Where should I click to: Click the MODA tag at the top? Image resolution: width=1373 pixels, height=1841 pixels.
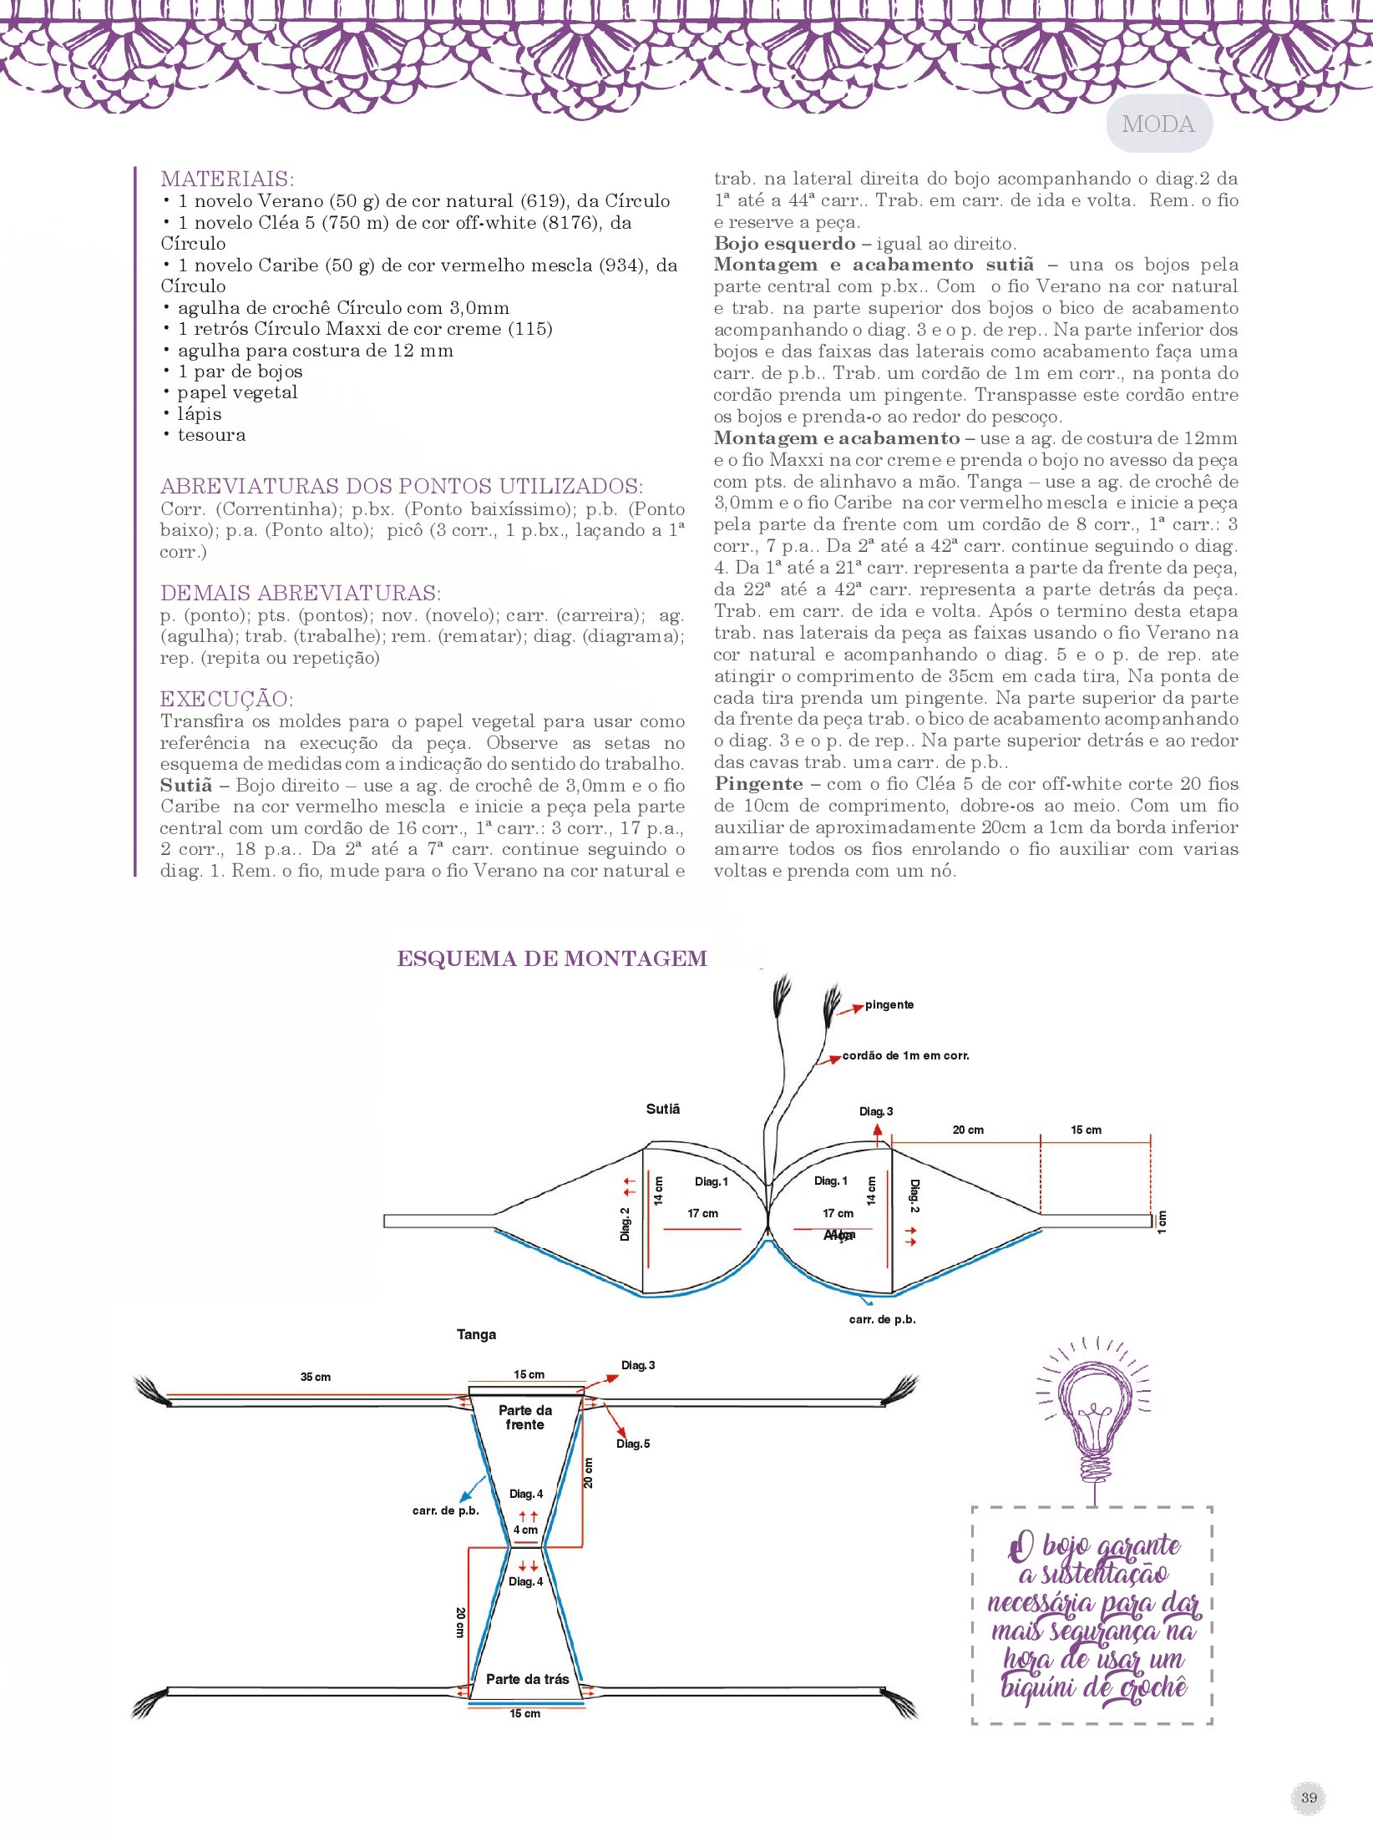pos(1158,124)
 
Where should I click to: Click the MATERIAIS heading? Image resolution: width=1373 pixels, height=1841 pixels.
pos(227,179)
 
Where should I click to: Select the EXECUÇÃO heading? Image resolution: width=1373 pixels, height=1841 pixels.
pos(226,699)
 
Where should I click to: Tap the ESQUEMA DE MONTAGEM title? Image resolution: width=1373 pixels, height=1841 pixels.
pos(552,958)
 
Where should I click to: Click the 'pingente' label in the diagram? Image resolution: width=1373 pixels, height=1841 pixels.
pos(889,1004)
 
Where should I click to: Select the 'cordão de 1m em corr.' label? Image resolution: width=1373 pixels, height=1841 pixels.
pos(905,1055)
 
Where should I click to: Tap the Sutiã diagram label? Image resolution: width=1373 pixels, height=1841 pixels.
pos(663,1109)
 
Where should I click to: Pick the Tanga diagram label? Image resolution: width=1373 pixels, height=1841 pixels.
pos(476,1334)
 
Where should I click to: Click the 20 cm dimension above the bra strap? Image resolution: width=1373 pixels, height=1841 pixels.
pos(968,1130)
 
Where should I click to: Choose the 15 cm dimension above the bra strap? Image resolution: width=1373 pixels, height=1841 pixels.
pos(1086,1130)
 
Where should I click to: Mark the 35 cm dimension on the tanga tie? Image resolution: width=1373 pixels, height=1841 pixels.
pos(316,1377)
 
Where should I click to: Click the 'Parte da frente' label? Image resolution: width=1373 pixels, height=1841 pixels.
pos(525,1417)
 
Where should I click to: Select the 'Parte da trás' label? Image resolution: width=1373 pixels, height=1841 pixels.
pos(527,1679)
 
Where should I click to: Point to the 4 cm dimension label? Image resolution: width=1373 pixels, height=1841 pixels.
pos(525,1530)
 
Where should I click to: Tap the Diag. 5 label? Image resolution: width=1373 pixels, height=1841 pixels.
pos(633,1444)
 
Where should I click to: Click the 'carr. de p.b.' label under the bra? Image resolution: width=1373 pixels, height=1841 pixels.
pos(882,1319)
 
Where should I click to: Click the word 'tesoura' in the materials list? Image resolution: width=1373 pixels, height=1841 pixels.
pos(211,435)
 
